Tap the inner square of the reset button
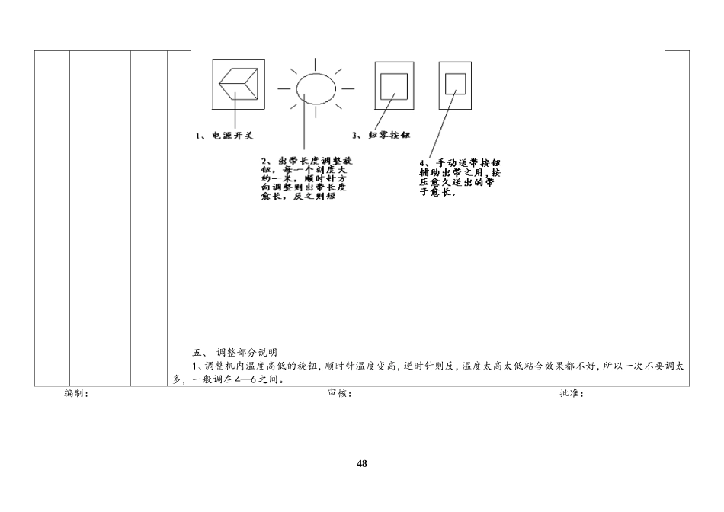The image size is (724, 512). [x=394, y=85]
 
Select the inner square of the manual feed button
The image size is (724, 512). [x=455, y=83]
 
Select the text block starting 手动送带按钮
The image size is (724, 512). [x=460, y=178]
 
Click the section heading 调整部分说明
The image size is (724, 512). [x=247, y=353]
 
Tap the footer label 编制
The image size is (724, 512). [x=76, y=394]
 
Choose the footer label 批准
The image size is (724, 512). [x=572, y=394]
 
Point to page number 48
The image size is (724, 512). [x=362, y=463]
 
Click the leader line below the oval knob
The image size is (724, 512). [x=304, y=126]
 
